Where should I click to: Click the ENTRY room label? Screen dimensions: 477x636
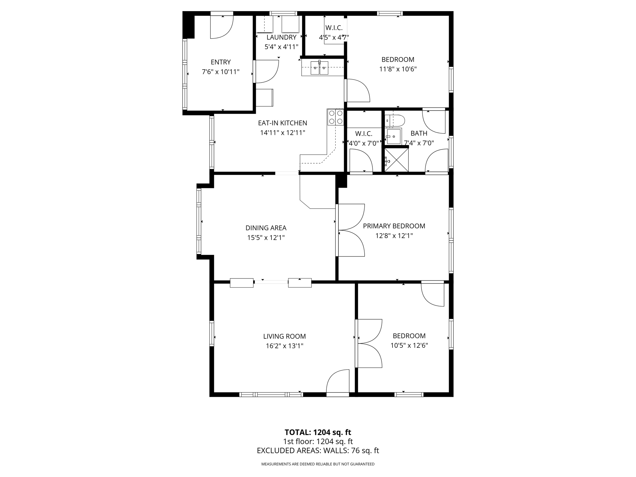click(x=220, y=62)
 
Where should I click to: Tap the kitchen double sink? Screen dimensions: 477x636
click(x=319, y=68)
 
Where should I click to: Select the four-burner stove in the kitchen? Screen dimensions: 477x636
click(x=336, y=117)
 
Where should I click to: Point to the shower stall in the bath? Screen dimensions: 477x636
click(x=397, y=160)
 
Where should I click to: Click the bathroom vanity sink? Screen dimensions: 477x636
click(x=394, y=136)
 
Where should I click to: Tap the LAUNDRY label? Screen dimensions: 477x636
click(x=281, y=37)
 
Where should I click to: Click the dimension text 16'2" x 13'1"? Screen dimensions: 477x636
click(x=284, y=346)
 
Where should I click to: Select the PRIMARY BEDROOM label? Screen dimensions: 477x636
click(x=394, y=226)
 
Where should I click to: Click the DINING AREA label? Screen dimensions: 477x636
click(x=266, y=228)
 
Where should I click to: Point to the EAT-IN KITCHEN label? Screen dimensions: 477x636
click(x=282, y=123)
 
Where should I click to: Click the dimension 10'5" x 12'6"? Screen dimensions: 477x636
click(x=409, y=345)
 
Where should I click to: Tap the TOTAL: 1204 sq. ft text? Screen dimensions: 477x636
click(x=318, y=432)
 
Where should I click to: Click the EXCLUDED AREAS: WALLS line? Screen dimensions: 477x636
click(x=318, y=451)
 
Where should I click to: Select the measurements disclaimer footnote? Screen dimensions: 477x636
click(x=318, y=464)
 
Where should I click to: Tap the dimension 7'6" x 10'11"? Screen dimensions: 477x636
click(x=220, y=72)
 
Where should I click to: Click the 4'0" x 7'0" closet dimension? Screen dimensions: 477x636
click(x=364, y=143)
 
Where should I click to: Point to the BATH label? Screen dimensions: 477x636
click(x=419, y=133)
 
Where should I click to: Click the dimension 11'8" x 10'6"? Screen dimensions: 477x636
click(x=397, y=69)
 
